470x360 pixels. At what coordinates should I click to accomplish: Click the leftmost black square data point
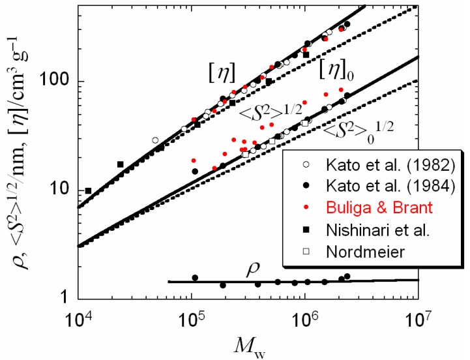[88, 190]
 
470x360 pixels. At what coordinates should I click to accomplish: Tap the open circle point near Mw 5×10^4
[155, 140]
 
